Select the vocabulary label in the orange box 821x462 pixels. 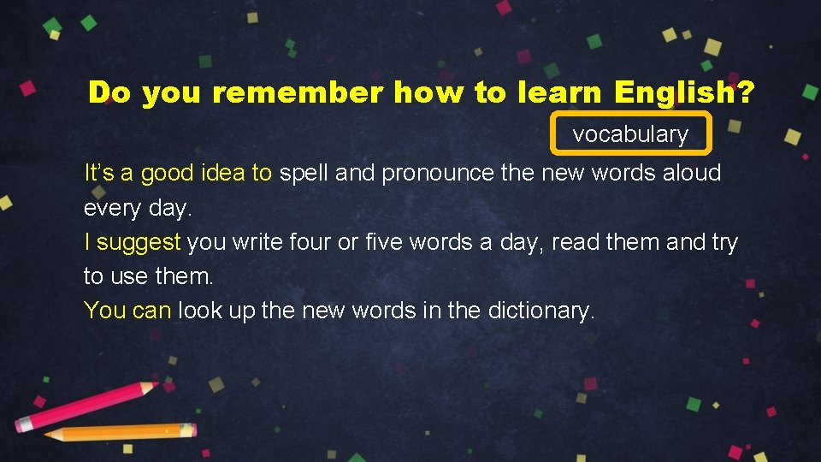coord(630,134)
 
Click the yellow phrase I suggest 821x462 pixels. coord(132,242)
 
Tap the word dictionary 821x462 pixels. coord(540,311)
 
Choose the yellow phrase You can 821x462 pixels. coord(127,311)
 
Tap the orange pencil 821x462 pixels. coord(120,433)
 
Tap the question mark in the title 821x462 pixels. coord(745,92)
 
